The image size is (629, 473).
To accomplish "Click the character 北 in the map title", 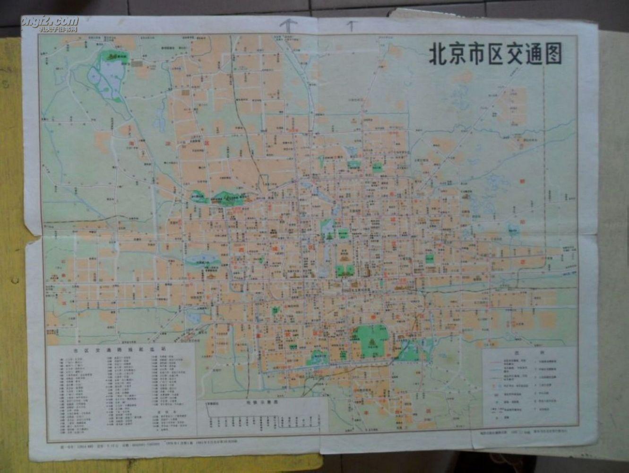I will pyautogui.click(x=438, y=55).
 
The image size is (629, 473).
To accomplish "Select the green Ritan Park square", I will pyautogui.click(x=429, y=258).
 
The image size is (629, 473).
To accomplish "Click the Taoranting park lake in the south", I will pyautogui.click(x=316, y=358).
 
